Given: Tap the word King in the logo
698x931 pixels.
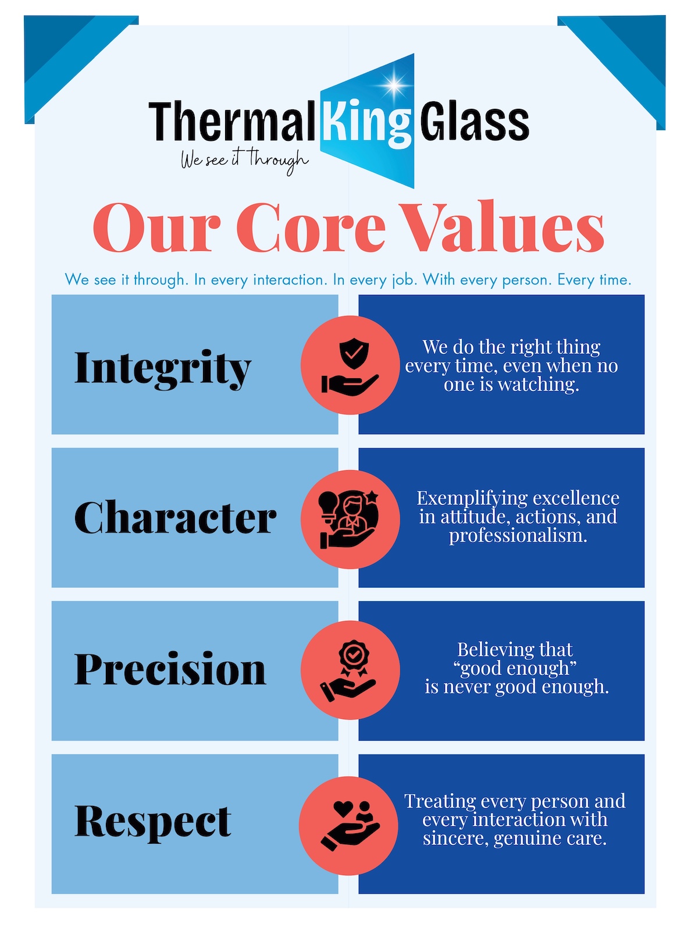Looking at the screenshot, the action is click(x=366, y=123).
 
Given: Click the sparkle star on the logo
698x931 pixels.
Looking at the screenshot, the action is click(x=393, y=85).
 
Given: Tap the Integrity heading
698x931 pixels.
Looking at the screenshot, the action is click(x=162, y=368).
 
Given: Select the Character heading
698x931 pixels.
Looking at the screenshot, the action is click(x=175, y=517).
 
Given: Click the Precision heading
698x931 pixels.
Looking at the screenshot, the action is click(x=170, y=669).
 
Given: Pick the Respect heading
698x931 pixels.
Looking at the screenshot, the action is click(x=152, y=822).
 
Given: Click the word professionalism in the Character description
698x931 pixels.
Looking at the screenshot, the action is click(x=518, y=536).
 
